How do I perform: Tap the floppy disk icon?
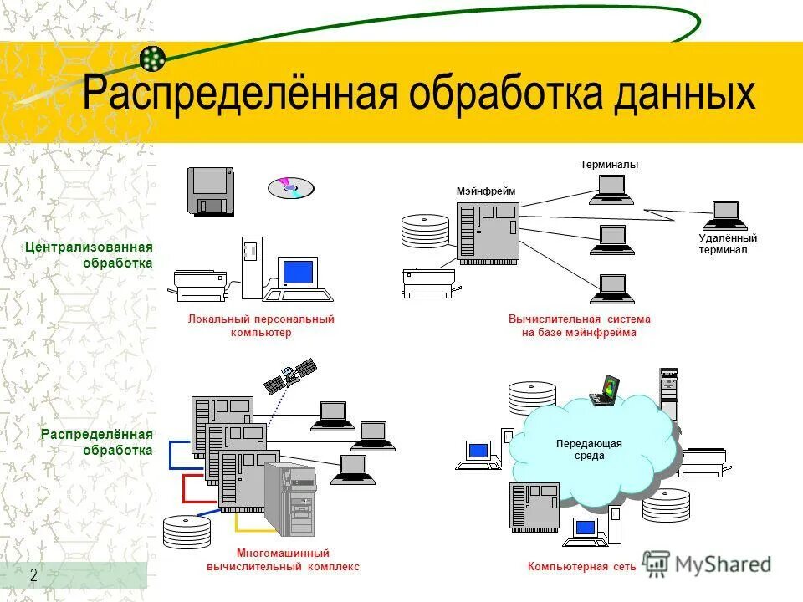pos(210,191)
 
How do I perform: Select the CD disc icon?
pos(290,187)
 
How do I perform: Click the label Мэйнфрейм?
pos(486,191)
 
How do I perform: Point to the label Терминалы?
pos(609,165)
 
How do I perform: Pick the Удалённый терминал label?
pos(727,244)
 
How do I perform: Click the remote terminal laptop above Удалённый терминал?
pos(724,214)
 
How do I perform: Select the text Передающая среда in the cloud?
pos(589,450)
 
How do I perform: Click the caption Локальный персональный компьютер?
pos(261,325)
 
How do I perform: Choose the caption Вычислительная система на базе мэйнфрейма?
pos(579,325)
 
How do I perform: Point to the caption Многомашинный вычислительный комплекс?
pos(283,559)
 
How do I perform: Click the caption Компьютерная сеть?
pos(581,566)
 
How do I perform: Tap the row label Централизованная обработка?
pos(89,255)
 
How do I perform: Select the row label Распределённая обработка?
pos(97,441)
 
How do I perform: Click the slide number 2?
pos(33,575)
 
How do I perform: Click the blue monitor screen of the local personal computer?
pos(298,273)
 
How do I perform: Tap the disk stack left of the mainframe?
pos(425,231)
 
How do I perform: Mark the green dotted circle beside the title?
pos(152,58)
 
